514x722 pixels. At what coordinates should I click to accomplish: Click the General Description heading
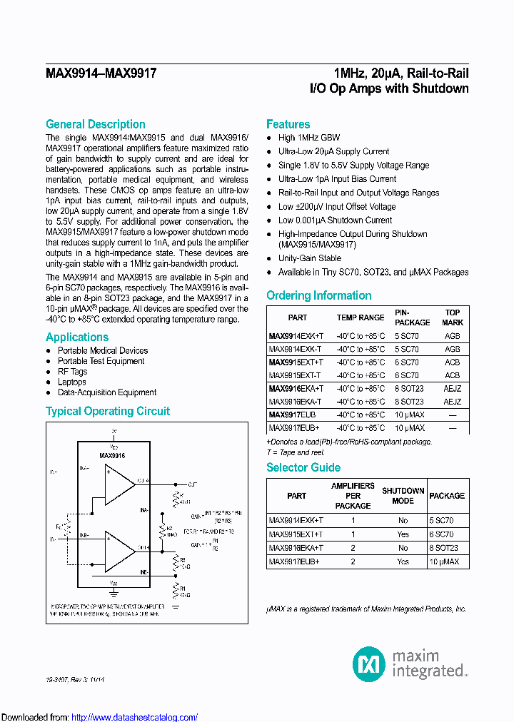[x=96, y=124]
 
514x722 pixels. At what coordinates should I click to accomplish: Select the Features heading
[x=288, y=124]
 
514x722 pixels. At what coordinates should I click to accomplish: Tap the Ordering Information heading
[x=318, y=295]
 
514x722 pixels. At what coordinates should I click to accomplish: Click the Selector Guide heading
[x=303, y=467]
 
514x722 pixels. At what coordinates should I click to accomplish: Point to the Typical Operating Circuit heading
[x=108, y=411]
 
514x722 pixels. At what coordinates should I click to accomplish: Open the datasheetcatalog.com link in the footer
[x=135, y=717]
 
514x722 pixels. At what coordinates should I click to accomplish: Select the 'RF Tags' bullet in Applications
[x=72, y=372]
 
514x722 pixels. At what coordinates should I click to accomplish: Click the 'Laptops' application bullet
[x=72, y=382]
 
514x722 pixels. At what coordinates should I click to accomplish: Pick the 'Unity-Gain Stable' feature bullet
[x=310, y=258]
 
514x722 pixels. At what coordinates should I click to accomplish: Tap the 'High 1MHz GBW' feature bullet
[x=309, y=138]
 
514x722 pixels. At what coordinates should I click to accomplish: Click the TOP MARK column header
[x=452, y=317]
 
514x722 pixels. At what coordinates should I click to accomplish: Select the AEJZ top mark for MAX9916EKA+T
[x=452, y=388]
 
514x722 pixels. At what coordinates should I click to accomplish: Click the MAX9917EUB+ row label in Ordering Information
[x=293, y=428]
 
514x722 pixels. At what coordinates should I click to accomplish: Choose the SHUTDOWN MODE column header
[x=403, y=496]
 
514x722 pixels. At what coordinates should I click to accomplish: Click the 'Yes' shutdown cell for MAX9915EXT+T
[x=403, y=534]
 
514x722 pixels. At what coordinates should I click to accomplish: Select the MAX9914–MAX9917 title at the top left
[x=101, y=73]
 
